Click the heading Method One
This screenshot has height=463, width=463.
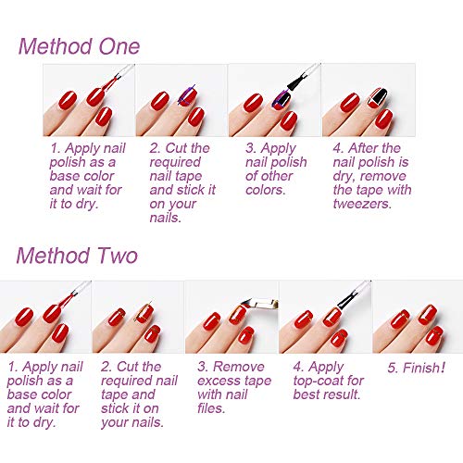79,46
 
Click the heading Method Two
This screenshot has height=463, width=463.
77,256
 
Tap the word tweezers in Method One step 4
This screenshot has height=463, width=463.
362,204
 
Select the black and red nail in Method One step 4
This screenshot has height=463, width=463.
378,98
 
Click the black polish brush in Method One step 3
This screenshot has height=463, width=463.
297,81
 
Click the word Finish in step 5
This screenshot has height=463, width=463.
424,368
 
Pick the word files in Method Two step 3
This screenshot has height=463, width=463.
211,408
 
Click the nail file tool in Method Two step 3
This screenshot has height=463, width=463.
260,303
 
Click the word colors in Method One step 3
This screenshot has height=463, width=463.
265,190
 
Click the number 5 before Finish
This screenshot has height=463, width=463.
392,368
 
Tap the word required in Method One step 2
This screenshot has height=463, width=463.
175,162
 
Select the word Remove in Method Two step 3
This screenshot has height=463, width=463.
239,367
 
